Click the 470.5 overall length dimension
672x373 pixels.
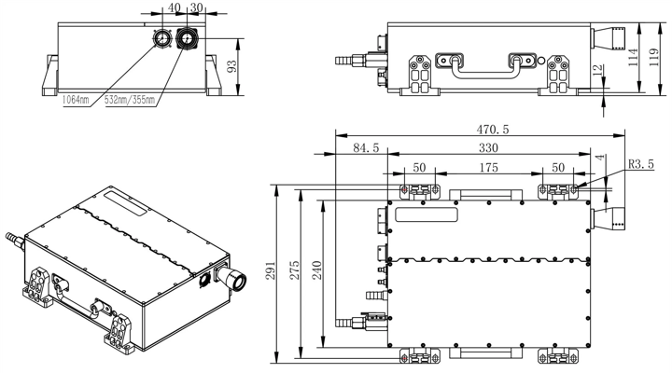coord(493,130)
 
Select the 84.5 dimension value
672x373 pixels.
coord(366,148)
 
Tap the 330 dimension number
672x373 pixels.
coord(488,148)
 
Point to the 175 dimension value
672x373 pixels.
coord(488,168)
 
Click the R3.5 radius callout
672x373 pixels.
coord(641,164)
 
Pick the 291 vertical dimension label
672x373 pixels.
coord(271,269)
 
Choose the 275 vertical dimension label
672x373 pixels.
coord(294,269)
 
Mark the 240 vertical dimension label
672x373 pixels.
coord(316,269)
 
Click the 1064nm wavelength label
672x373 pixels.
coord(76,100)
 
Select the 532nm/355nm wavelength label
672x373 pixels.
coord(130,100)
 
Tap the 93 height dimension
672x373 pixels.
coord(231,66)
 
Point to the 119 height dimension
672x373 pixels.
coord(653,57)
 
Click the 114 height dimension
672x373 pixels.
coord(633,57)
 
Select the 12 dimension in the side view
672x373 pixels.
coord(598,69)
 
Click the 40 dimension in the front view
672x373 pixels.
coord(175,7)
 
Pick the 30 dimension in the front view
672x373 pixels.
coord(196,7)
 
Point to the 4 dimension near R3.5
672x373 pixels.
coord(601,158)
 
